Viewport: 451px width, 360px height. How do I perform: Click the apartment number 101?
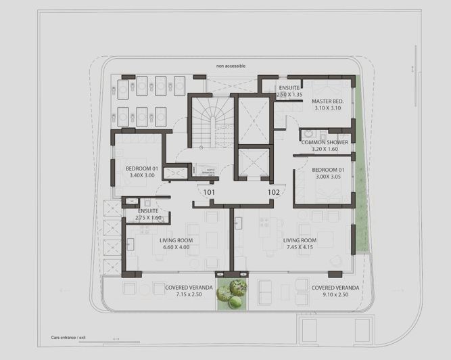209,192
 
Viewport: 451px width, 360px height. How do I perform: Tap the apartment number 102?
273,192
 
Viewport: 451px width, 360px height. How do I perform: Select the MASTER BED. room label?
329,101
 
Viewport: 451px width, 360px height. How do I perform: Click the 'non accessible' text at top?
231,66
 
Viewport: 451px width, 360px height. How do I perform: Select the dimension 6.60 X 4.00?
177,247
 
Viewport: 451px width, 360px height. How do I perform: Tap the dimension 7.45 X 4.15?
300,247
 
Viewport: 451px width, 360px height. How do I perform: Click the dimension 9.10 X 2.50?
336,294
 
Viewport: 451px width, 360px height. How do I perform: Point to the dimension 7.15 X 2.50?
189,294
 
